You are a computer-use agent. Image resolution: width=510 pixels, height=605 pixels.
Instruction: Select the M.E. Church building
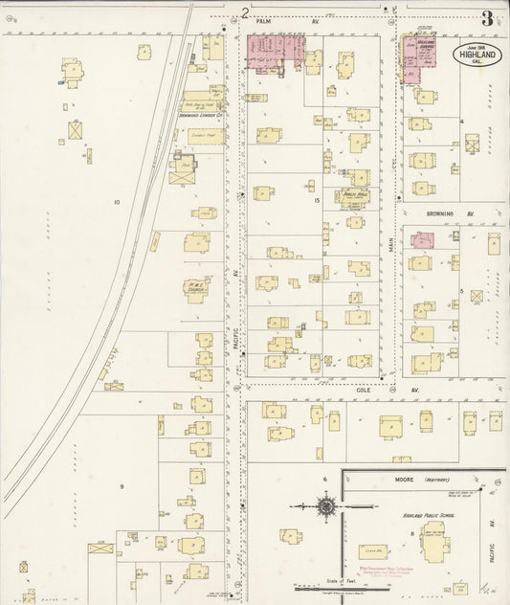click(x=199, y=287)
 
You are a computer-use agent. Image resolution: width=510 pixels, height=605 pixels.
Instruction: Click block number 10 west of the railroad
click(x=116, y=202)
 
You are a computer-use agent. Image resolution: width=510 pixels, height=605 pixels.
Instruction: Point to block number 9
click(x=121, y=487)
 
